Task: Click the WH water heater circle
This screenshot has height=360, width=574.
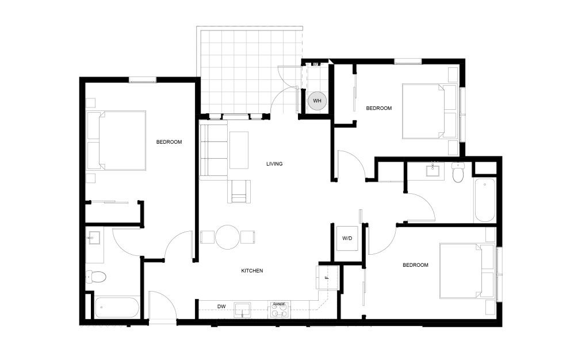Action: coord(316,101)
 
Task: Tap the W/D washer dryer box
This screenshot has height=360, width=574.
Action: coord(347,238)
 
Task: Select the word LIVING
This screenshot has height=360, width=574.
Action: coord(274,164)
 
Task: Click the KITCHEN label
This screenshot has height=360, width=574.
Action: coord(252,270)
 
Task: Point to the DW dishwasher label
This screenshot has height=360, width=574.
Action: coord(221,306)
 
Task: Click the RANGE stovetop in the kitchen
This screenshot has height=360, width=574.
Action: coord(279,311)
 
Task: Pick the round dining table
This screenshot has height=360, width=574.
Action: coord(228,236)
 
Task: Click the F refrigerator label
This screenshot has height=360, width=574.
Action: coord(326,278)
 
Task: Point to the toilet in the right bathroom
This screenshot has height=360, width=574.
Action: coord(458,173)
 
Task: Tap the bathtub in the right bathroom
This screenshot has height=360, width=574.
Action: coord(484,200)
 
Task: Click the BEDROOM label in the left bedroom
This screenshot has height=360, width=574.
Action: coord(169,142)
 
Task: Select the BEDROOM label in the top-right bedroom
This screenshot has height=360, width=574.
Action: coord(378,108)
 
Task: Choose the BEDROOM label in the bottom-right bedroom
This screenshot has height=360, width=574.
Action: coord(415,265)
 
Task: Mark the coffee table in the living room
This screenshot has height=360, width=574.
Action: coord(239,150)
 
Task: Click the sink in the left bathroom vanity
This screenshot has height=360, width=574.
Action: coord(93,237)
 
